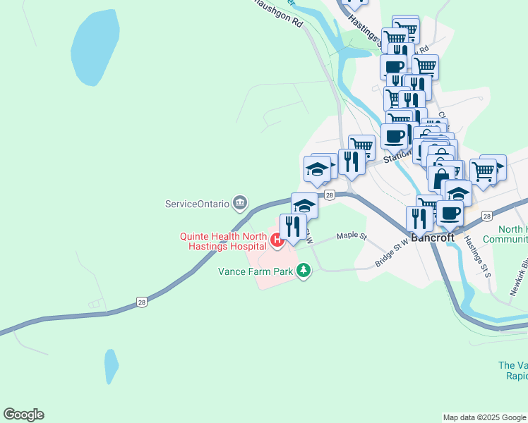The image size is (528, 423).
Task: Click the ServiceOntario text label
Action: (x=197, y=204)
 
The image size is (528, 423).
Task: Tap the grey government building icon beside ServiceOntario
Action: (x=240, y=204)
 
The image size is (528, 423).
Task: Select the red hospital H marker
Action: (x=277, y=241)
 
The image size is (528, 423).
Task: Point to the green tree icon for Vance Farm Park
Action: (x=304, y=269)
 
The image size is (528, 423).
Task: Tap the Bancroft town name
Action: (x=432, y=238)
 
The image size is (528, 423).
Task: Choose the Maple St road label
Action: (x=352, y=236)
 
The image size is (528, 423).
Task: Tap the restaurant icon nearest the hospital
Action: (x=293, y=227)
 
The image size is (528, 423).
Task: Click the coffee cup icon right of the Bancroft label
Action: (x=450, y=212)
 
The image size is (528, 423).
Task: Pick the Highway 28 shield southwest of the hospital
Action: (x=143, y=302)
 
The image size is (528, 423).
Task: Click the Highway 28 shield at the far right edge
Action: (x=486, y=216)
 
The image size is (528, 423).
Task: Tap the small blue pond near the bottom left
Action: (x=112, y=366)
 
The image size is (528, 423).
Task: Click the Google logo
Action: (x=23, y=415)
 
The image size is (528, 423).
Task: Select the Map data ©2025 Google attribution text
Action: (x=484, y=417)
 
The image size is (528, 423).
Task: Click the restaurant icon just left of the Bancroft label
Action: (x=419, y=219)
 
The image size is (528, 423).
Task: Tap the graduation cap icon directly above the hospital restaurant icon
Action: (x=304, y=205)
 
